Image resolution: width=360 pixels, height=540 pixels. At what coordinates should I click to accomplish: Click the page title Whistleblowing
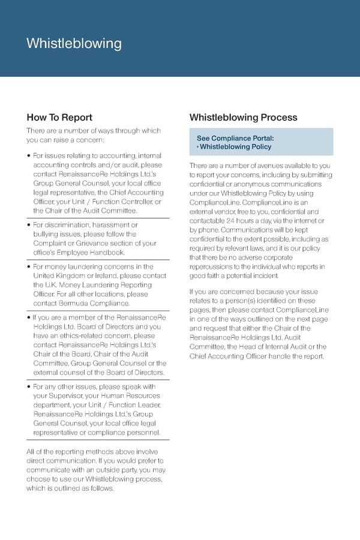(x=74, y=44)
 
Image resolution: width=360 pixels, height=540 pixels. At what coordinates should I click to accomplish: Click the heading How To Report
(x=59, y=118)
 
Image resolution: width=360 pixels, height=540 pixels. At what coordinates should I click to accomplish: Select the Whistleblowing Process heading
(x=243, y=118)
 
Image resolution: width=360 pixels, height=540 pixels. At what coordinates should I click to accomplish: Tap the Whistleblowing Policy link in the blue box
(x=235, y=147)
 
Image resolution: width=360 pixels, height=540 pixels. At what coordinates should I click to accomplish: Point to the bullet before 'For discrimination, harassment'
(x=29, y=225)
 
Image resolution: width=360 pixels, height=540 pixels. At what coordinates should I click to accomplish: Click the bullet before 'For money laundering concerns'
(x=29, y=267)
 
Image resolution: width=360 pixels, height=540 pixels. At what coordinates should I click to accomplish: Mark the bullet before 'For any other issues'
(x=29, y=387)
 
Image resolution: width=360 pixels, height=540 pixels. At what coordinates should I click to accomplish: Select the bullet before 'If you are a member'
(x=29, y=317)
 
